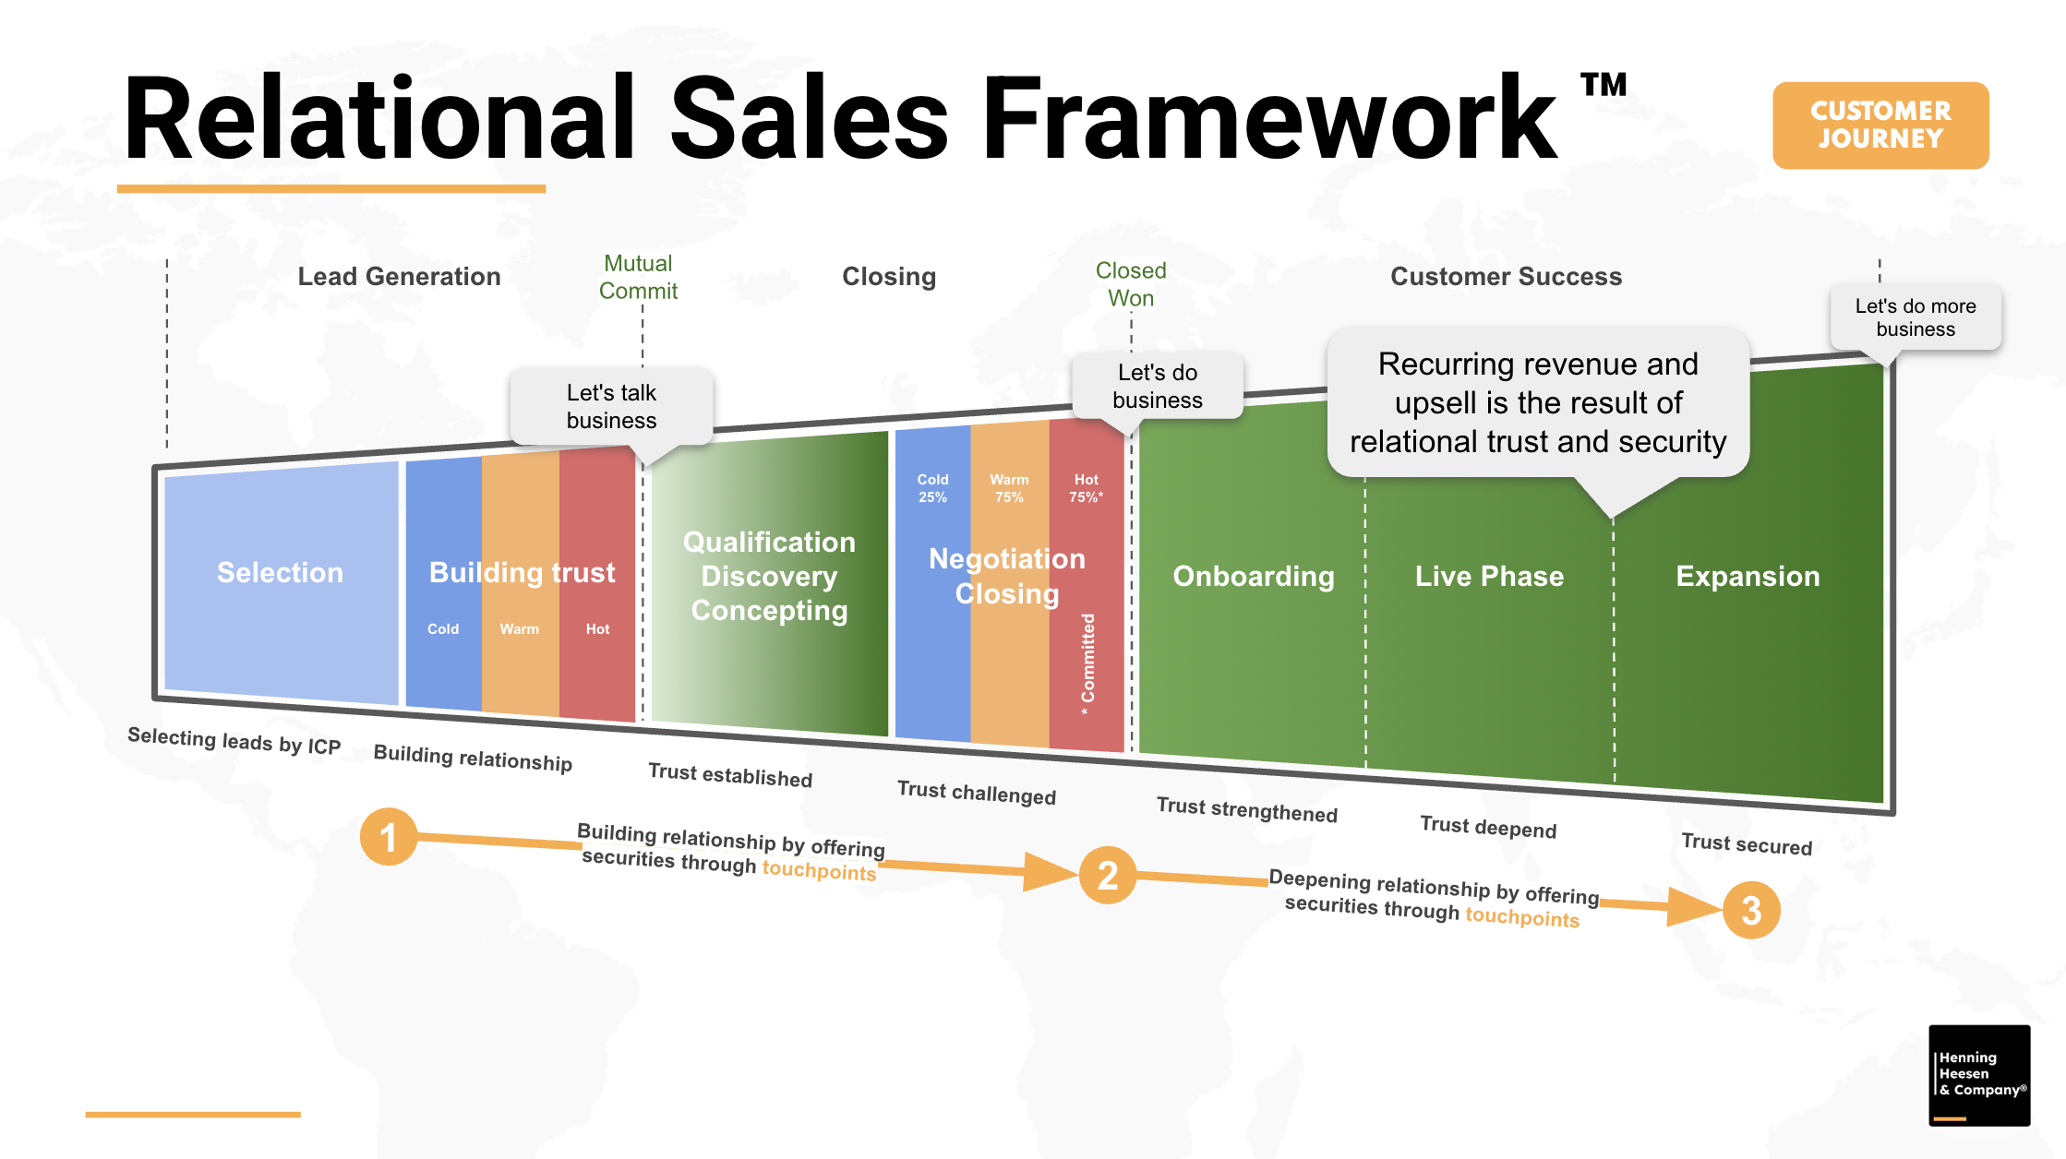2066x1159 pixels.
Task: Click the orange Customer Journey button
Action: [x=1880, y=125]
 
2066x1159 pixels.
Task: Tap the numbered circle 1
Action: [x=388, y=837]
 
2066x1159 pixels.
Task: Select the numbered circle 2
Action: [x=1107, y=875]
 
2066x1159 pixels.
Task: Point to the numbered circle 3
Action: [x=1750, y=911]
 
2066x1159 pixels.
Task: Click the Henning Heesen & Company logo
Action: [x=1978, y=1075]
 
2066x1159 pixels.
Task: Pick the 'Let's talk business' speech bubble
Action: [x=611, y=407]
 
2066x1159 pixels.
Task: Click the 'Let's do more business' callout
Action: [x=1915, y=317]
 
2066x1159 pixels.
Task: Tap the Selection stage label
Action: [x=280, y=573]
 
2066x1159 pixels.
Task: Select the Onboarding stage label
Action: [x=1253, y=577]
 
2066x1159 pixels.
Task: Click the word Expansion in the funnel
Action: [x=1747, y=577]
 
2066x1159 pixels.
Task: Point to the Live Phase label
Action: [x=1489, y=577]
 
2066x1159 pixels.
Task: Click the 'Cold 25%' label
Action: [x=932, y=488]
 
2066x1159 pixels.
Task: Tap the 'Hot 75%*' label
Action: [x=1086, y=488]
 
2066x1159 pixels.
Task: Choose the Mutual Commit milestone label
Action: [x=638, y=277]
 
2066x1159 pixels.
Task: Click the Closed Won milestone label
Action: [x=1131, y=284]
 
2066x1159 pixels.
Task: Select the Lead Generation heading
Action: [x=399, y=277]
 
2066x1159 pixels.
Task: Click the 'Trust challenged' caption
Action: [x=976, y=793]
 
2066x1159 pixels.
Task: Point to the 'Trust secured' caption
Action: [x=1746, y=844]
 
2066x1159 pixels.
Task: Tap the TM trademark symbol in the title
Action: [x=1604, y=85]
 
